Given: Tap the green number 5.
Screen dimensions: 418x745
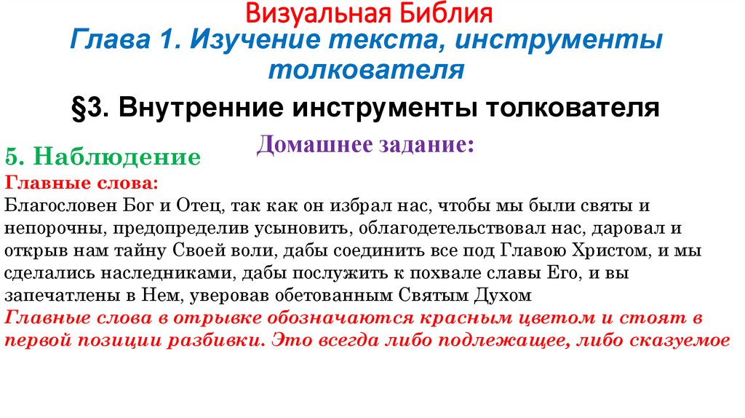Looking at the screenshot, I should tap(15, 157).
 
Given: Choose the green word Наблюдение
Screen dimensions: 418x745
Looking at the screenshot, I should tap(117, 157).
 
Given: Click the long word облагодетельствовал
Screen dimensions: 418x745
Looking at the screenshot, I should tap(451, 226).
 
